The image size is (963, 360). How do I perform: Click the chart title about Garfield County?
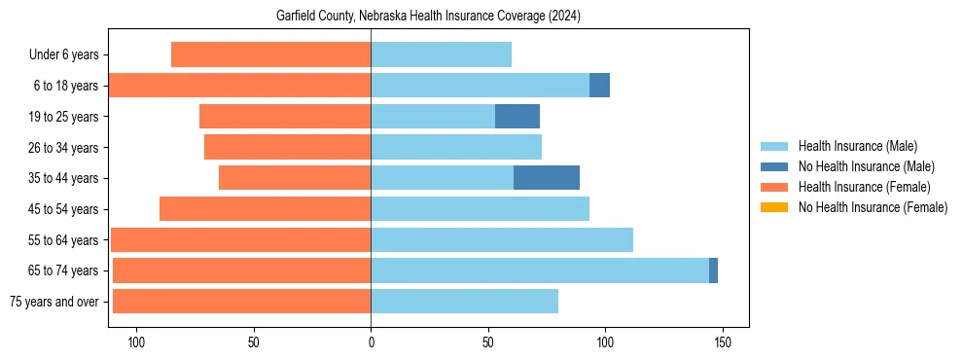[428, 16]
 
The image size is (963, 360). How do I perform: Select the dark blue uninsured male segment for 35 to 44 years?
[547, 178]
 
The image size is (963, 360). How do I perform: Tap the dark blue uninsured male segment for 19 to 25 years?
[517, 117]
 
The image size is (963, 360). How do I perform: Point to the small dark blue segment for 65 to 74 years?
[713, 270]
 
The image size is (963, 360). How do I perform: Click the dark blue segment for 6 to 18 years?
[599, 86]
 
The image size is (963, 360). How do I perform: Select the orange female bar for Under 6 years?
[270, 55]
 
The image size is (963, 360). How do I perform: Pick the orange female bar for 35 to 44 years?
[295, 178]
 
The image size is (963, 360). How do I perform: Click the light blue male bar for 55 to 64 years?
[502, 239]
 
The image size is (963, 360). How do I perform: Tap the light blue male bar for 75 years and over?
[464, 302]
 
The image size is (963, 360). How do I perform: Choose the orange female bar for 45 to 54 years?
[265, 209]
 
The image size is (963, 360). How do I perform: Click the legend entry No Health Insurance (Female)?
[872, 207]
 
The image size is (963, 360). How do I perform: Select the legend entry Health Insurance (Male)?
[857, 146]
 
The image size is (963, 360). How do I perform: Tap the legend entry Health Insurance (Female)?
[864, 187]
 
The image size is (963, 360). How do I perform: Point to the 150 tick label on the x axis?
[722, 342]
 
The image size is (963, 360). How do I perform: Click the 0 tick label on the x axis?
[371, 342]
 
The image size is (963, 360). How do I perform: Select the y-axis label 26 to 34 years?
[63, 148]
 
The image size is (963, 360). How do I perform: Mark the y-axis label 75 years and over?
[54, 302]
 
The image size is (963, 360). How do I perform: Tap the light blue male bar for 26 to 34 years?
[455, 148]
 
